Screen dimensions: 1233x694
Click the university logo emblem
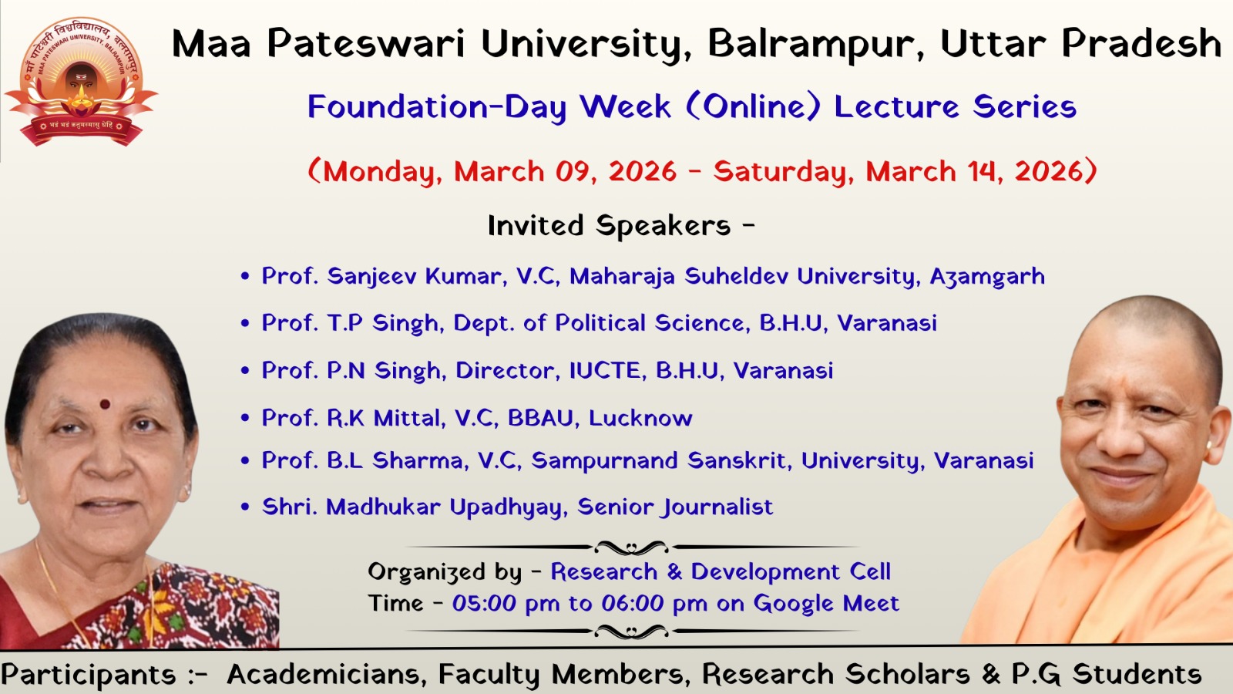click(82, 82)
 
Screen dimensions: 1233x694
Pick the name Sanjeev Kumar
click(417, 277)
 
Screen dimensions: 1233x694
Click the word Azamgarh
click(987, 277)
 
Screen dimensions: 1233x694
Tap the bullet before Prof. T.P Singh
click(245, 323)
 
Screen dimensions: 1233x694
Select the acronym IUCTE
click(608, 370)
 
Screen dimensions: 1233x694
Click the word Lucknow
click(640, 418)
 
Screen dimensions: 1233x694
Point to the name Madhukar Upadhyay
click(447, 507)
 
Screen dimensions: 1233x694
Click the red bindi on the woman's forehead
click(105, 405)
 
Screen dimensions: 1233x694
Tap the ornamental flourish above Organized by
click(631, 547)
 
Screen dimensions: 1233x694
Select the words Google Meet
click(825, 603)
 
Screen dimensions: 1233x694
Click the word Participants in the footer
click(89, 675)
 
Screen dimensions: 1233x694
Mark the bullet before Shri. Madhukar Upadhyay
click(245, 507)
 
